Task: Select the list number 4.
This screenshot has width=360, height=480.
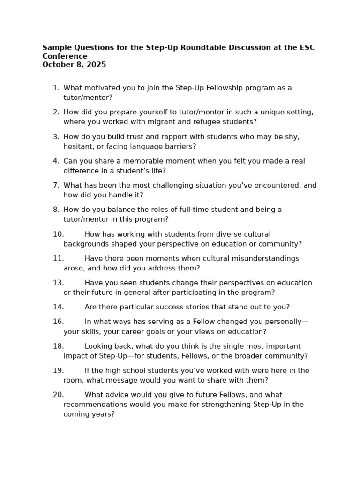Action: [x=56, y=161]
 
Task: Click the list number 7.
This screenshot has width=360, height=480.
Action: [x=56, y=186]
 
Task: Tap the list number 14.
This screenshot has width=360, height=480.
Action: [x=58, y=307]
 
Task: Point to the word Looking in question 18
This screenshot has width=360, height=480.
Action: [x=98, y=346]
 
